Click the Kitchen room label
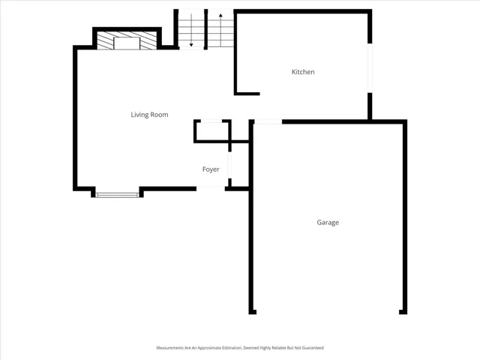(x=303, y=72)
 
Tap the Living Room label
(x=149, y=115)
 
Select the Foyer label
(x=211, y=169)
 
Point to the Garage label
(x=328, y=223)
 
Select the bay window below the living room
(x=117, y=195)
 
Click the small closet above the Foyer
(x=211, y=130)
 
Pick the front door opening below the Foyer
(x=211, y=187)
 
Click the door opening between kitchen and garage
(x=267, y=121)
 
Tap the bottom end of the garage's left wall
(x=251, y=310)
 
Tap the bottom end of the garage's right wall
(x=405, y=310)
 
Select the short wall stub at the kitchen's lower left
(x=247, y=94)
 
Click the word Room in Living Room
(x=159, y=115)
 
